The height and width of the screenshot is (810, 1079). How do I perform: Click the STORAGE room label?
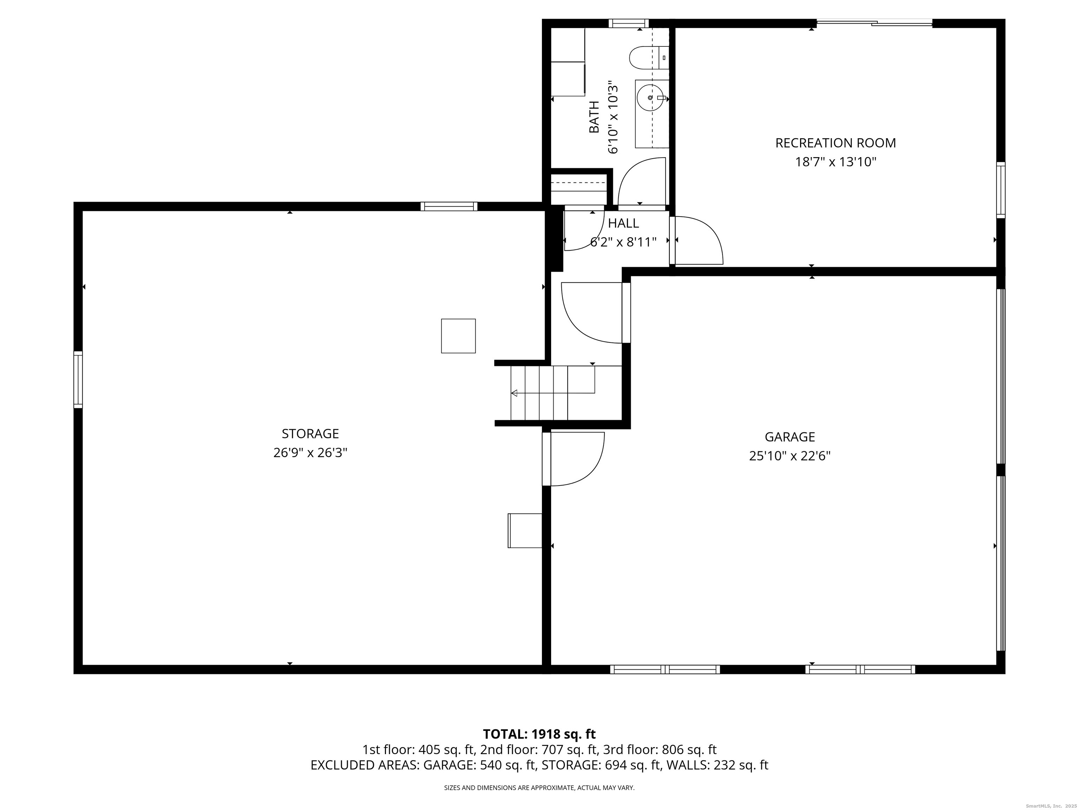point(310,433)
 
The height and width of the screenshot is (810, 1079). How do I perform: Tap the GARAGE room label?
point(790,437)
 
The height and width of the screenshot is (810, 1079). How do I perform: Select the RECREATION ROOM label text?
point(836,143)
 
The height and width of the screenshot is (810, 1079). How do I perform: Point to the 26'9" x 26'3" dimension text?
point(310,452)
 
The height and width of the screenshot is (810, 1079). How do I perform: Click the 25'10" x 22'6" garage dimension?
point(790,456)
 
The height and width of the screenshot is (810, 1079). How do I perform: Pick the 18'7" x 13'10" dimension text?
point(836,162)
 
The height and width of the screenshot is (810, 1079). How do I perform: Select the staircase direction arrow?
point(515,393)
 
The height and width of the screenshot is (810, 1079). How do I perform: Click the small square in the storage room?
point(458,336)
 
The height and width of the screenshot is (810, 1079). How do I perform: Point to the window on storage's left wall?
point(78,379)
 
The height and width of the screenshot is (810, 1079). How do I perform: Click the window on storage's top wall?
point(449,206)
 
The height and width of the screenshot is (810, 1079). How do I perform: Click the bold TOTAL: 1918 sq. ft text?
point(539,734)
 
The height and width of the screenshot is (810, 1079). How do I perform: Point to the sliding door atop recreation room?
point(874,22)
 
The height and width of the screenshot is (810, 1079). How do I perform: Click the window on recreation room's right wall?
point(1000,189)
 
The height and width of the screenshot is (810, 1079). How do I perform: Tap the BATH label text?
point(594,117)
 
